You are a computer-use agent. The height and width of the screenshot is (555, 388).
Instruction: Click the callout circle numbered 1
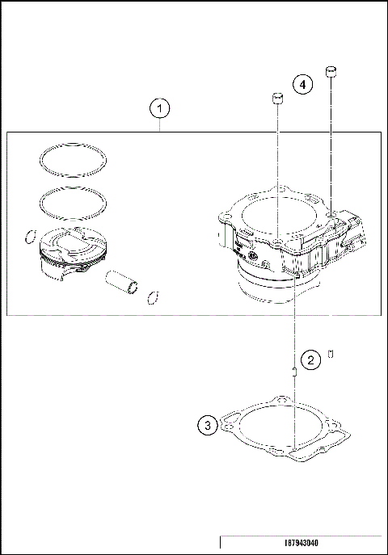[x=160, y=107]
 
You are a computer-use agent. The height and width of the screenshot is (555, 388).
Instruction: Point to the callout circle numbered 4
[x=302, y=83]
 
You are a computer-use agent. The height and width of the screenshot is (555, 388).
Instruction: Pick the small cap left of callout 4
[x=276, y=99]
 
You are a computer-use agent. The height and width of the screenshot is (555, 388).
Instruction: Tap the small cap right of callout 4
[x=330, y=72]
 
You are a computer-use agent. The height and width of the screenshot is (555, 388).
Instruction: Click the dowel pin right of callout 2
[x=332, y=354]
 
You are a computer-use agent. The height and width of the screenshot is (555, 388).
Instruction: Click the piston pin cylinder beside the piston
[x=121, y=284]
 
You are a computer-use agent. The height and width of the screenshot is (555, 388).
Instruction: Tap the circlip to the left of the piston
[x=29, y=238]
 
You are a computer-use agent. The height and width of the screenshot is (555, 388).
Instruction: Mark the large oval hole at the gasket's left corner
[x=231, y=422]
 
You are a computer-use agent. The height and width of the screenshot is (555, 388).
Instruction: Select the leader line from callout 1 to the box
[x=160, y=125]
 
